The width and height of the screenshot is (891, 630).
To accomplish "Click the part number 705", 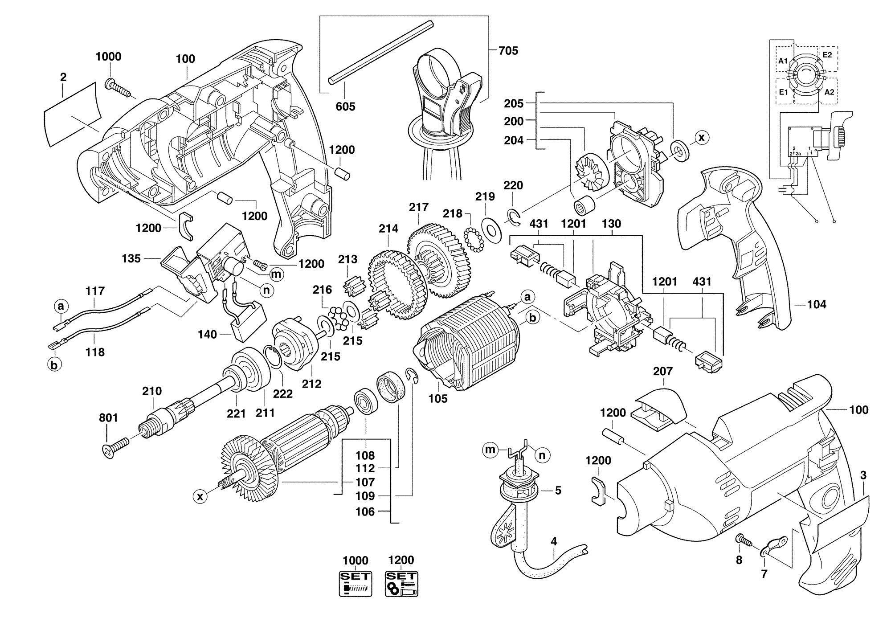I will pos(508,51).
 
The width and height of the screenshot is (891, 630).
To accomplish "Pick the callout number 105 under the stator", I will pos(438,398).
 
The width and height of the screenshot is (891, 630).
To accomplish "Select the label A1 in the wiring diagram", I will pos(783,61).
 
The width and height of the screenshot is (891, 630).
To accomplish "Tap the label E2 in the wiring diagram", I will pos(827,55).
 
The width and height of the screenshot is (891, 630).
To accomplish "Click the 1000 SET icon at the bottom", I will pos(355,583).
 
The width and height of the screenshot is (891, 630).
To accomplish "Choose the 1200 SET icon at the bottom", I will pos(401,583).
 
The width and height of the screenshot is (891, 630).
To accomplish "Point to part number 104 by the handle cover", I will pos(817,305).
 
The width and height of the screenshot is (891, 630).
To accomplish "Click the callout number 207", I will pos(662,371).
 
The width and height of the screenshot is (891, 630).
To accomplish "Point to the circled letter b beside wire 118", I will pos(54,365).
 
